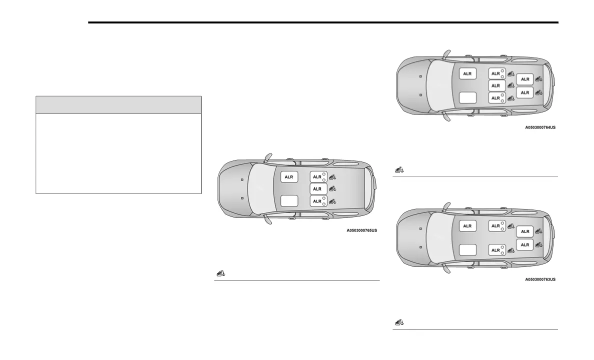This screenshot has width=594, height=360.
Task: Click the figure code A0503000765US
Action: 361,230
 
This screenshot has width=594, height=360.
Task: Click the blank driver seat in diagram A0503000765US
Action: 289,200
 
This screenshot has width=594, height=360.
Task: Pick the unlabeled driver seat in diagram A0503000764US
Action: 467,97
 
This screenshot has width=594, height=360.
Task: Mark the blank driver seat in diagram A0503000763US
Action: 467,248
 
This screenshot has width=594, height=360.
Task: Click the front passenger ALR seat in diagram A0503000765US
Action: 289,177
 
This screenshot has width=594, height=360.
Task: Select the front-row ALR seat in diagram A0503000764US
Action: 467,73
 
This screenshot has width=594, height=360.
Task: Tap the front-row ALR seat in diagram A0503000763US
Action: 467,226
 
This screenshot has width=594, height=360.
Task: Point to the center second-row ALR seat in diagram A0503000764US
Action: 496,85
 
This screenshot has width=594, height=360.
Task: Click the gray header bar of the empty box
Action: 118,105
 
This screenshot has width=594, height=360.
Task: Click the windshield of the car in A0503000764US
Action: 439,85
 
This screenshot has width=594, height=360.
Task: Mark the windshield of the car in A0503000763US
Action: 439,237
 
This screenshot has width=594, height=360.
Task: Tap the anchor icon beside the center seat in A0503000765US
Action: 332,188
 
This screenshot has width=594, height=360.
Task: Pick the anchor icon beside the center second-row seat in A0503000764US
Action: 510,85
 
